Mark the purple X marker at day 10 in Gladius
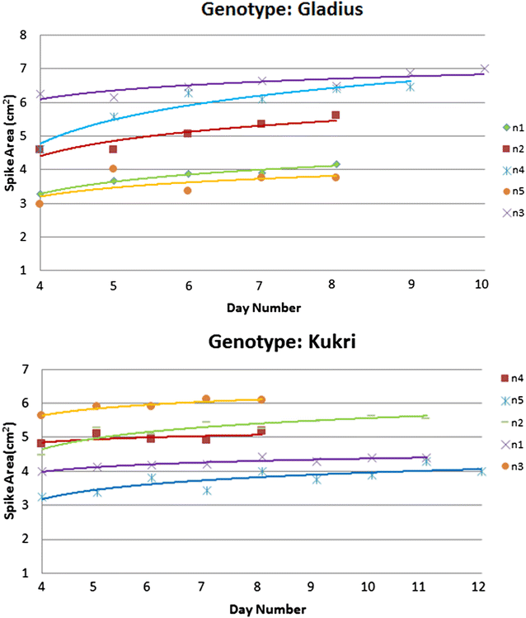point(485,69)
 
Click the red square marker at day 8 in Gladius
point(336,116)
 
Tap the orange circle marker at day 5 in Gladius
point(113,168)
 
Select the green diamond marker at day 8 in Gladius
point(336,164)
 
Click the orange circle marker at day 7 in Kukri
point(206,399)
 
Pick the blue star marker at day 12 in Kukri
point(481,471)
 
